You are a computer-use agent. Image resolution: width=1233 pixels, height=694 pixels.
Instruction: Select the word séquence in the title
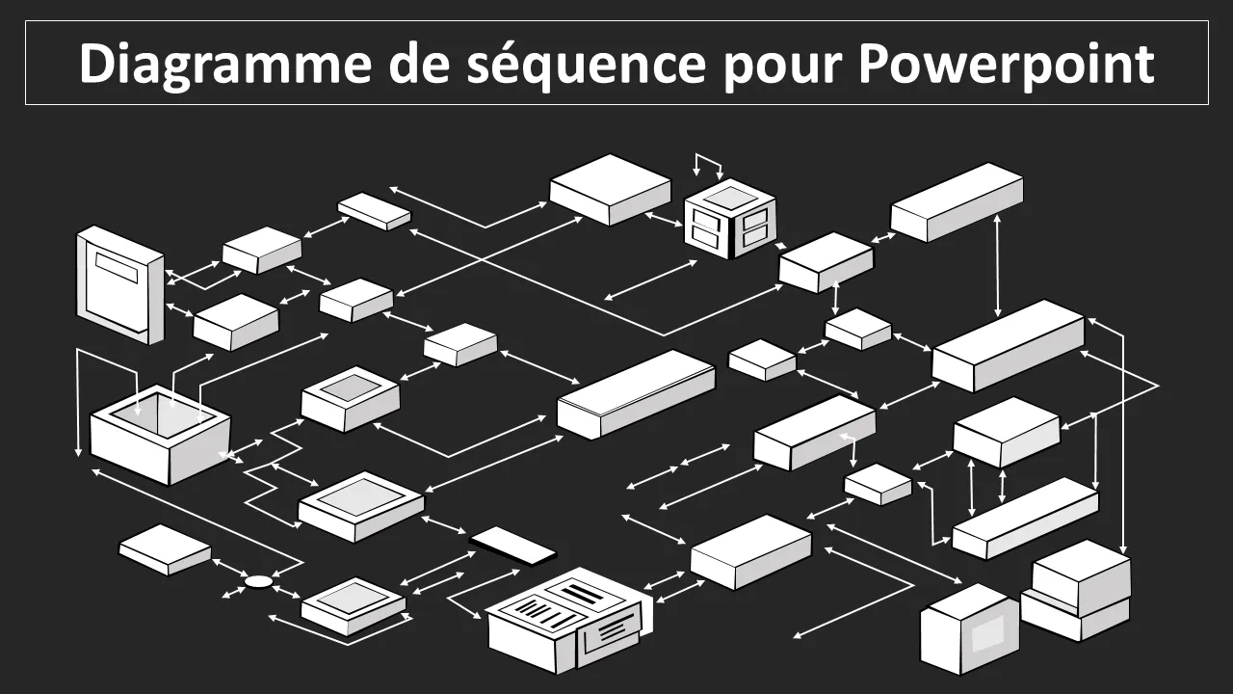point(587,65)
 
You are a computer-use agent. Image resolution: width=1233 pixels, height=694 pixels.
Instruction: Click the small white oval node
point(258,581)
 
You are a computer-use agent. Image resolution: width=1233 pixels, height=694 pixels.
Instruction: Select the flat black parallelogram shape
point(512,546)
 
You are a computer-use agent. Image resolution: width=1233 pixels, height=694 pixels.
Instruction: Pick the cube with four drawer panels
point(730,219)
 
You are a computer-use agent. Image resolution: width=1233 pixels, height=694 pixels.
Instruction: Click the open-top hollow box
point(160,435)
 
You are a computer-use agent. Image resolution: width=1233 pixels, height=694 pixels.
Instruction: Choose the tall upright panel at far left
point(120,284)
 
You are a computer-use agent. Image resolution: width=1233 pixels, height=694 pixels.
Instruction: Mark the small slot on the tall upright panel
point(117,267)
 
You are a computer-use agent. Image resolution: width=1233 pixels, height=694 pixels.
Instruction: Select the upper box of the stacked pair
point(1081,576)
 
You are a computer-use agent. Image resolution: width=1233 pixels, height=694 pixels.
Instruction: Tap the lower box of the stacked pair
point(1075,616)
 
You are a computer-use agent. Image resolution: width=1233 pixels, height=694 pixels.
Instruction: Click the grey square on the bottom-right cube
point(987,631)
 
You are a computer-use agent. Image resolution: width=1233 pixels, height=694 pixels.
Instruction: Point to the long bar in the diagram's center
point(636,394)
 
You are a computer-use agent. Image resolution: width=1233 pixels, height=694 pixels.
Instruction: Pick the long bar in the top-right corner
point(957,201)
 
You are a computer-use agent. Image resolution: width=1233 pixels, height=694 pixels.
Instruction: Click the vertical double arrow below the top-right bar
point(997,265)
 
